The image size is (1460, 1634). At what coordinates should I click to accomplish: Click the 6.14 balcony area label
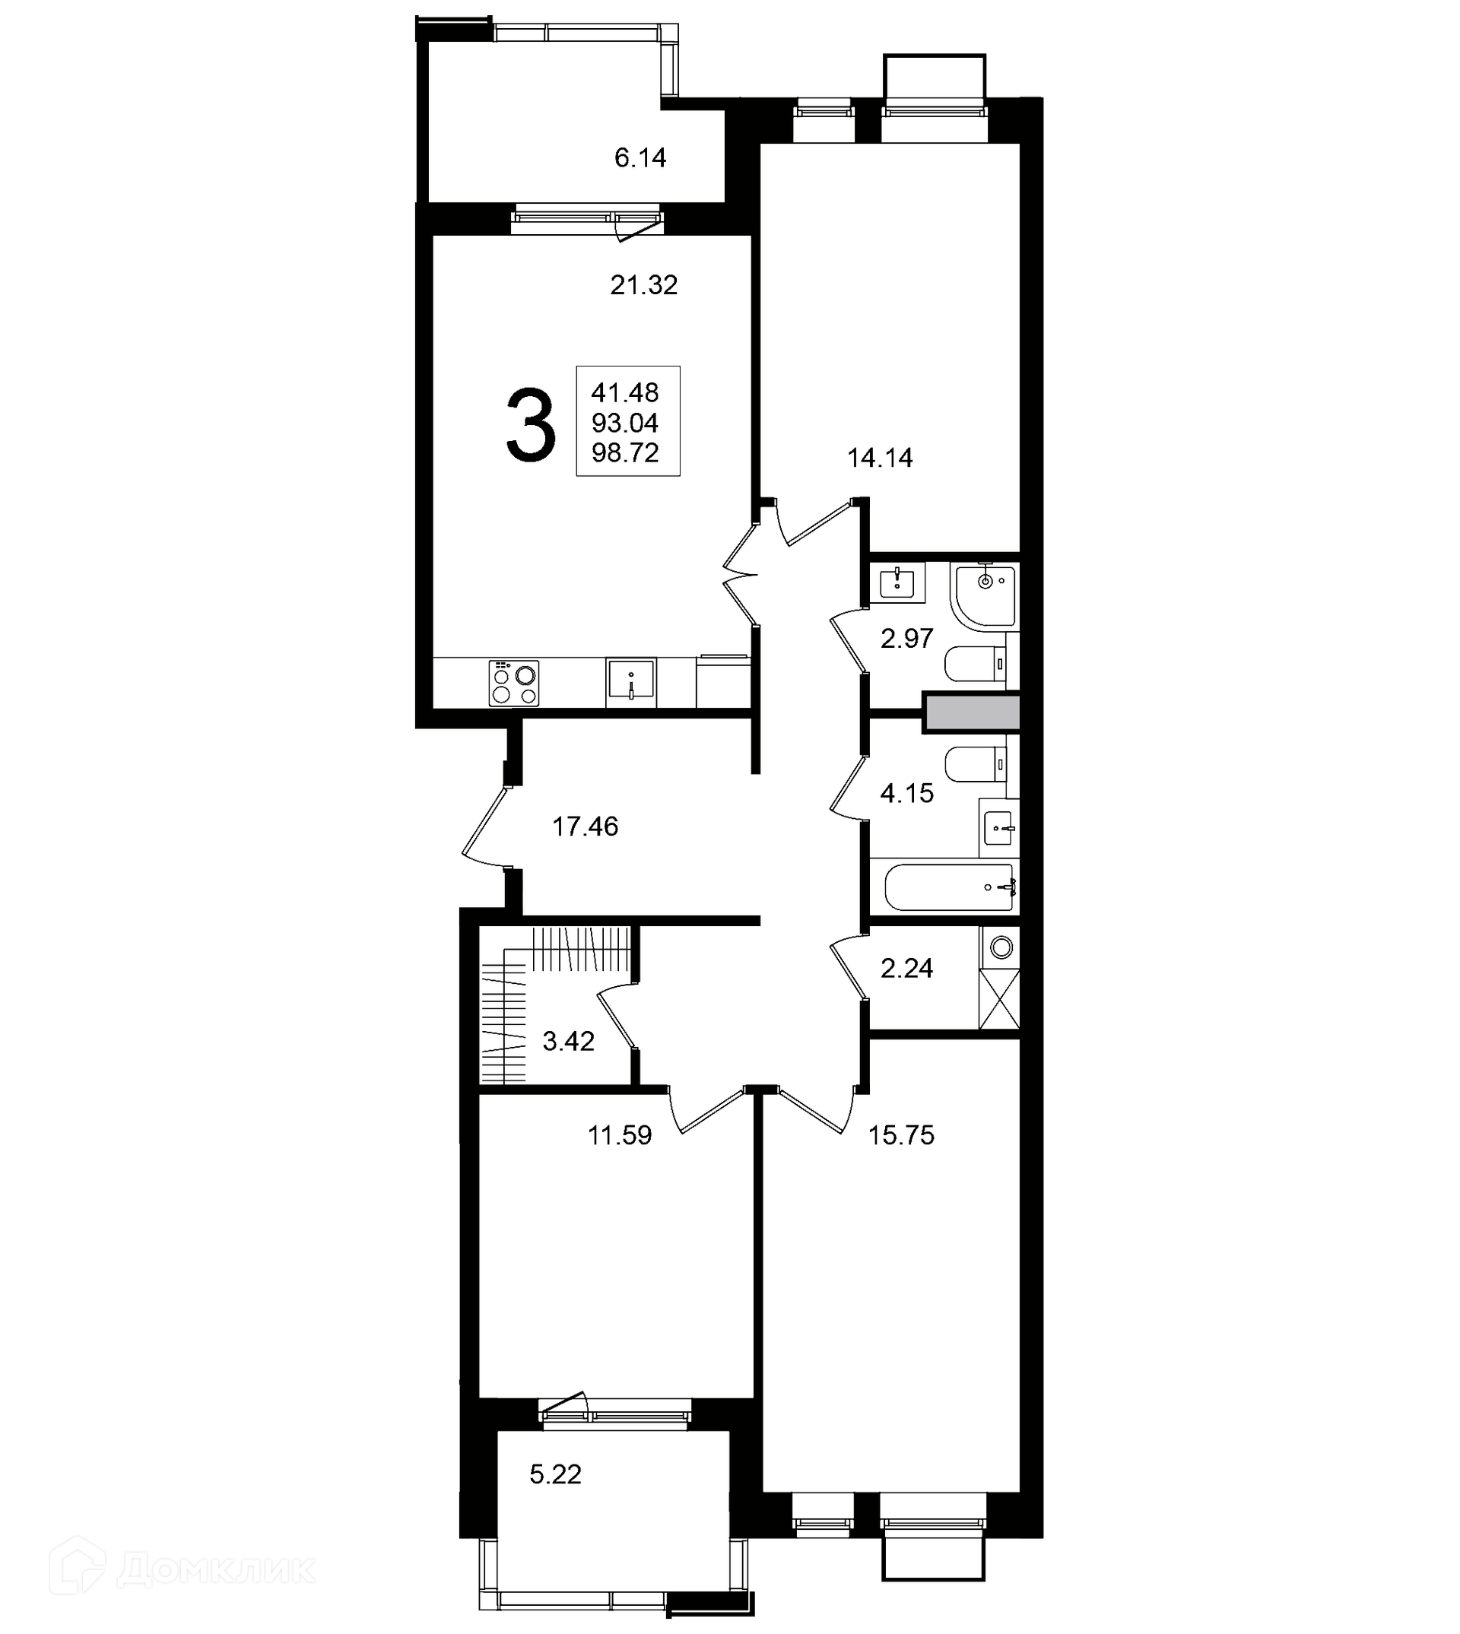point(640,158)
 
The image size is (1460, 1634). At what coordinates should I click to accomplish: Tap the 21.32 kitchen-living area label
point(644,285)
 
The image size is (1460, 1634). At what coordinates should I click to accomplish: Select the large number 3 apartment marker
point(531,424)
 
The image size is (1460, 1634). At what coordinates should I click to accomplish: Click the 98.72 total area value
point(625,453)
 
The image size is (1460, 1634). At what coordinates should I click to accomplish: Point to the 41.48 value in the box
point(625,393)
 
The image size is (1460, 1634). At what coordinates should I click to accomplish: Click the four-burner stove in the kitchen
point(513,684)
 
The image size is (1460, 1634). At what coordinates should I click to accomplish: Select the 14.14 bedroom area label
point(880,458)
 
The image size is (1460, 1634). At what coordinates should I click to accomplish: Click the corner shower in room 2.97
point(984,595)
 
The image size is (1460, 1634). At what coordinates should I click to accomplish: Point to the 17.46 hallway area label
point(586,827)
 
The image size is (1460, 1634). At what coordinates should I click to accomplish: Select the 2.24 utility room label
point(907,969)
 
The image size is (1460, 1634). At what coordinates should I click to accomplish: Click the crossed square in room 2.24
point(999,998)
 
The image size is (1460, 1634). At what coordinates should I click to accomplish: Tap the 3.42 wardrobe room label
point(569,1042)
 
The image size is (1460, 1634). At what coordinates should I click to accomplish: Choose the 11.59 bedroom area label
point(620,1136)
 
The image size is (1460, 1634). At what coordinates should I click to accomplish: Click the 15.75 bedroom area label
point(902,1136)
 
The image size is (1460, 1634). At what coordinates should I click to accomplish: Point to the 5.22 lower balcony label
point(556,1474)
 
